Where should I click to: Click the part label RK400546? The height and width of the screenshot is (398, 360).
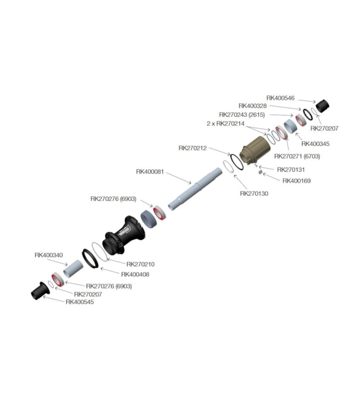tap(280, 98)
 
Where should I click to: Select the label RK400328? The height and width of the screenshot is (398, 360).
tap(253, 106)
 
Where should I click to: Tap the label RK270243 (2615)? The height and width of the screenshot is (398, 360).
tap(242, 115)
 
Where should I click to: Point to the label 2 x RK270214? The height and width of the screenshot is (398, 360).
tap(225, 124)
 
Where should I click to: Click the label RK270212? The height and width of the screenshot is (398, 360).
tap(193, 148)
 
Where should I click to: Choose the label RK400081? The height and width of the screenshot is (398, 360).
tap(150, 172)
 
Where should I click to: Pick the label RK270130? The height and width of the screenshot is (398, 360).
tap(254, 193)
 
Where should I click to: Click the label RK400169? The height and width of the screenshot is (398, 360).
tap(297, 181)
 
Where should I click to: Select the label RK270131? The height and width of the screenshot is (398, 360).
tap(291, 169)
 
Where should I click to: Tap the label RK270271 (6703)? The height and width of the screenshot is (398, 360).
tap(297, 156)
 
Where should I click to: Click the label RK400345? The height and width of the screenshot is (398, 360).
tap(315, 143)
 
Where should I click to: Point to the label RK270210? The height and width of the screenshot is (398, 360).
tap(141, 264)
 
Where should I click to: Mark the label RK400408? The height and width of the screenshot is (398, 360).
tap(135, 274)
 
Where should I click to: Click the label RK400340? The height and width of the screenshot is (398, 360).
tap(49, 255)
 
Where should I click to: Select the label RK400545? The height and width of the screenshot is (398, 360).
tap(80, 302)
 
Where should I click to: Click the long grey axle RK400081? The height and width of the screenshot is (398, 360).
tap(195, 189)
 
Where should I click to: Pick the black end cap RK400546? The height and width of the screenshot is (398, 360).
tap(322, 106)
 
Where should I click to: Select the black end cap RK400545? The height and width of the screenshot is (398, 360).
tap(40, 291)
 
